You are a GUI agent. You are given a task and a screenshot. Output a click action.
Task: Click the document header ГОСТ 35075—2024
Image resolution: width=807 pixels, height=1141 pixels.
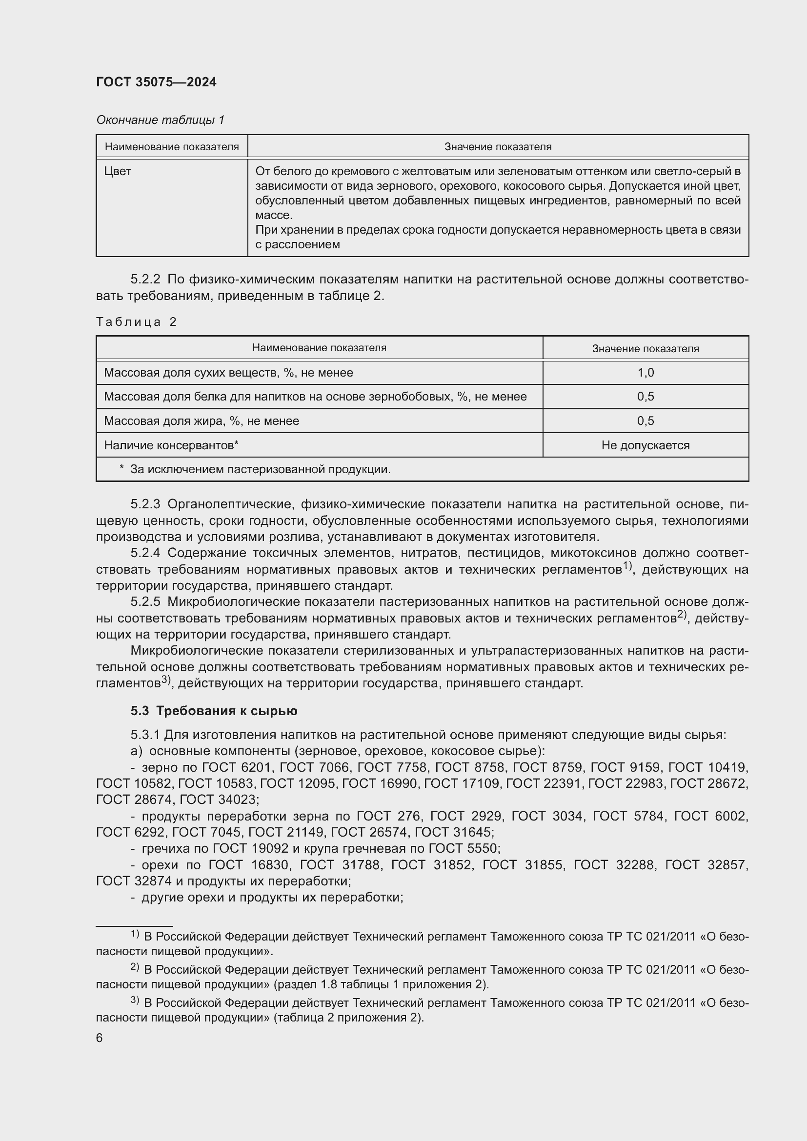pyautogui.click(x=156, y=82)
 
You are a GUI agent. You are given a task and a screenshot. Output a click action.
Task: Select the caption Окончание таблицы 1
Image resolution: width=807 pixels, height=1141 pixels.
pyautogui.click(x=160, y=120)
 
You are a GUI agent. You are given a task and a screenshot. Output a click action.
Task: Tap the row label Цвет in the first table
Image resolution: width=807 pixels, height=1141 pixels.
pyautogui.click(x=117, y=171)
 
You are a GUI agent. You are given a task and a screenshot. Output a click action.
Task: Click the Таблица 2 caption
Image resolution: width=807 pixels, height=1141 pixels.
pyautogui.click(x=136, y=322)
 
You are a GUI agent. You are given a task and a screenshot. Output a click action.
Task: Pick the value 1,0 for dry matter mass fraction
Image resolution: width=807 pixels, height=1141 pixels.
pyautogui.click(x=646, y=373)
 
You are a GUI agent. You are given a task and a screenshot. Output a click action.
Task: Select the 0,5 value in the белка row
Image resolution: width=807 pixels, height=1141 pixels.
pyautogui.click(x=646, y=397)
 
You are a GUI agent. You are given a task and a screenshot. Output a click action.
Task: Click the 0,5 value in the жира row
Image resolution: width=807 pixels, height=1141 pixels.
pyautogui.click(x=646, y=421)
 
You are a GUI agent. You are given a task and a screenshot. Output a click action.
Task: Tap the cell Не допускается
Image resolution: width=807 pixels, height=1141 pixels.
pyautogui.click(x=646, y=445)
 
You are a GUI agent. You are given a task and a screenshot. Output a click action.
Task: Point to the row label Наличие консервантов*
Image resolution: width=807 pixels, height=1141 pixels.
pyautogui.click(x=171, y=445)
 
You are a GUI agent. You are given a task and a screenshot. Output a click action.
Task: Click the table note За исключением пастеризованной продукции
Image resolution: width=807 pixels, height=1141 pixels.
pyautogui.click(x=260, y=469)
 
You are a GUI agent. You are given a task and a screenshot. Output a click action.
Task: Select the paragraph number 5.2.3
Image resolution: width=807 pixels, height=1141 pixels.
pyautogui.click(x=145, y=504)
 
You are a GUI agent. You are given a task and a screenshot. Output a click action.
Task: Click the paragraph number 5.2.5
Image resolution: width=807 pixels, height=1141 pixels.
pyautogui.click(x=145, y=602)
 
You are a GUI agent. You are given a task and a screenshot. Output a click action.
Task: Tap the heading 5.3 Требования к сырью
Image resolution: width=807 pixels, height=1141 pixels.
pyautogui.click(x=214, y=711)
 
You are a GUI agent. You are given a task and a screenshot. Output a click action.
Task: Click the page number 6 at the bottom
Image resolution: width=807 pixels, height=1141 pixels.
pyautogui.click(x=100, y=1038)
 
